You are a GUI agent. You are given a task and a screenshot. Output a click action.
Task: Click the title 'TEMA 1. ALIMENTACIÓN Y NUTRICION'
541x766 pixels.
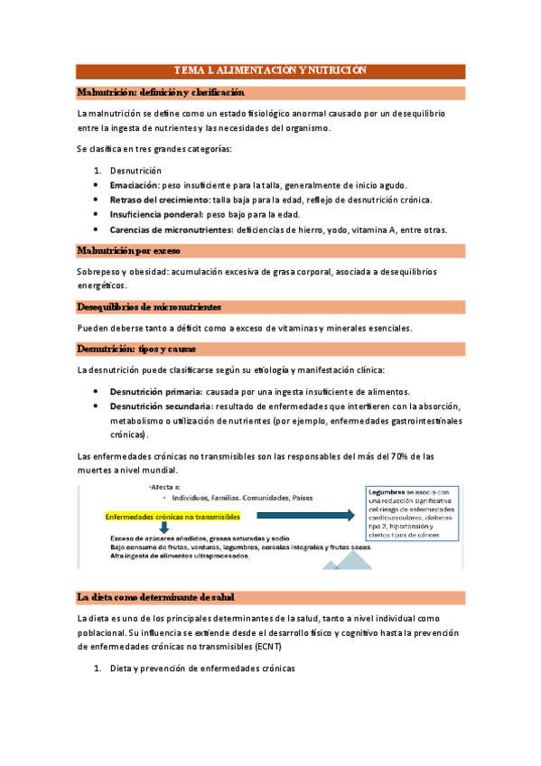click(x=270, y=70)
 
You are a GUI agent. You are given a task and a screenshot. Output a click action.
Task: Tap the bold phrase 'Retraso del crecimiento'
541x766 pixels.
click(x=158, y=200)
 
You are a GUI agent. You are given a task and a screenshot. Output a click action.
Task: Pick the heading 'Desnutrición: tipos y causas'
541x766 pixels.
click(x=136, y=348)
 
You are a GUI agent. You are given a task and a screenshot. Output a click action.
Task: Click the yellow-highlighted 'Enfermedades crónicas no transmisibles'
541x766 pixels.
click(x=173, y=517)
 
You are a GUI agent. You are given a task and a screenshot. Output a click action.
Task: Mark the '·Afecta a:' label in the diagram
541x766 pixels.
click(x=163, y=487)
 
